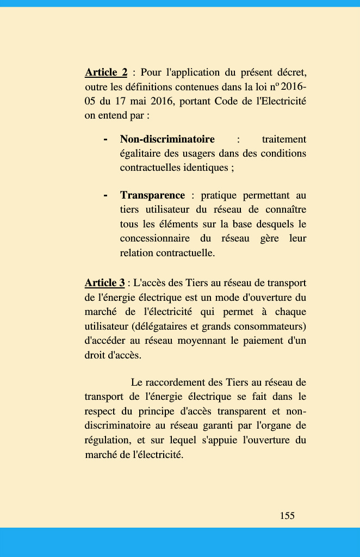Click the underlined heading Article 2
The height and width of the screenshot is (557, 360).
coord(106,72)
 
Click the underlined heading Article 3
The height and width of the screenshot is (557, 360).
coord(104,283)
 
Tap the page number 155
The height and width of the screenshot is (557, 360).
coord(287,515)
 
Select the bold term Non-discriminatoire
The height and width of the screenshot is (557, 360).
coord(167,139)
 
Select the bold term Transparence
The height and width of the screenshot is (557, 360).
coord(153,195)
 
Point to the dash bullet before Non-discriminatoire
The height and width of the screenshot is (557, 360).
coord(105,139)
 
